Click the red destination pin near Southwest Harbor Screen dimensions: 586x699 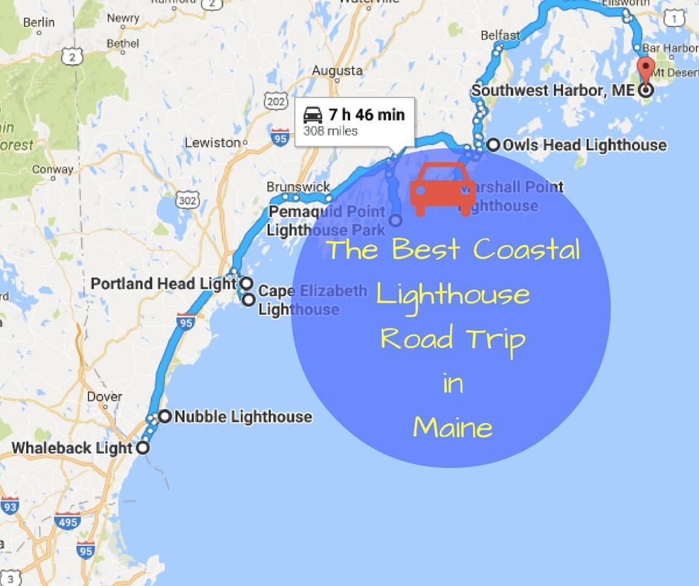[645, 69]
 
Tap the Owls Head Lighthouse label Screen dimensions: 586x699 [584, 145]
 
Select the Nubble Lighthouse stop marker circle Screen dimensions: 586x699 [164, 416]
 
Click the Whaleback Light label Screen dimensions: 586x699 [71, 448]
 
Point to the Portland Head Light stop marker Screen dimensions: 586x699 [246, 283]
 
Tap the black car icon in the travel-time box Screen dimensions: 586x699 [313, 115]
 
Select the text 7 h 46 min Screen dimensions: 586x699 [367, 115]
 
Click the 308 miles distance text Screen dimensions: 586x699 [330, 132]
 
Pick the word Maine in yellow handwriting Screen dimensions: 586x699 [453, 428]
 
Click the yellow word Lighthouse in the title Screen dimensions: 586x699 [453, 295]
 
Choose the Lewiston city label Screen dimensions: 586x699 [212, 142]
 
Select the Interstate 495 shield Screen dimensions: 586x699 [68, 523]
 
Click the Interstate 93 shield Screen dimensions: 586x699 [10, 506]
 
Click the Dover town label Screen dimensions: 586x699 [104, 396]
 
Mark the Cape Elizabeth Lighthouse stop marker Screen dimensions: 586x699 [248, 300]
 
